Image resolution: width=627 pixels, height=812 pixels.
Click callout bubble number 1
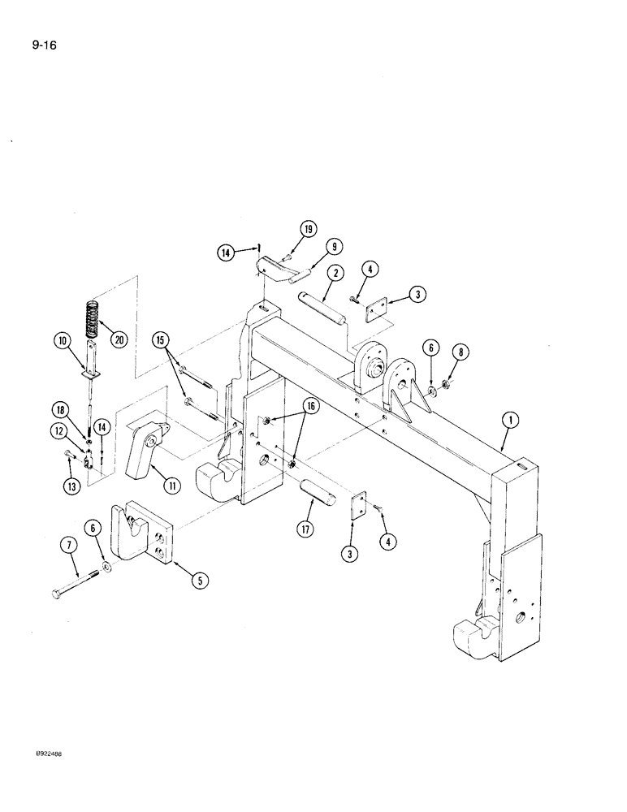509,421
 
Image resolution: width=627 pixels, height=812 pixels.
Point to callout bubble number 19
309,229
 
